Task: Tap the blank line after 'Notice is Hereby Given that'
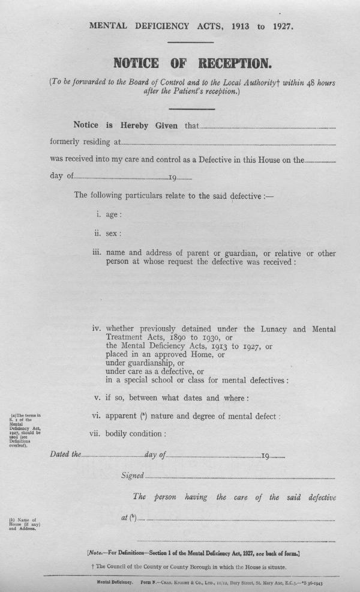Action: click(x=266, y=128)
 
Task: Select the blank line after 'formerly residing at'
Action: click(x=228, y=144)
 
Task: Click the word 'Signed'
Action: click(x=132, y=476)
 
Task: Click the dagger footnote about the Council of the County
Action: click(x=187, y=567)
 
